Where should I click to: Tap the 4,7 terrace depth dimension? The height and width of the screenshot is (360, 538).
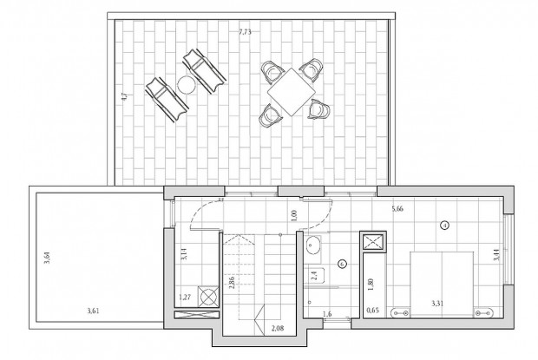[x=125, y=98]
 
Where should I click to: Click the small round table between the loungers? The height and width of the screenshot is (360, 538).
[x=186, y=84]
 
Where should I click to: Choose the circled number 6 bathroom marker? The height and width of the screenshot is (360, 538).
[x=342, y=264]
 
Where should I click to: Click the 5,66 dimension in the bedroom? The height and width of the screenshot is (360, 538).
[x=399, y=208]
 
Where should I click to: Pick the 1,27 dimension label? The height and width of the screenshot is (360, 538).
[x=184, y=297]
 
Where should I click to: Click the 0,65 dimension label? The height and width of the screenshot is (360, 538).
[x=373, y=310]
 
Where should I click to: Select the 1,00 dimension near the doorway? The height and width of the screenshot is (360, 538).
[x=295, y=215]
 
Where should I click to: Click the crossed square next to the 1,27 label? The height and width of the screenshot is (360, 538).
[x=209, y=296]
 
